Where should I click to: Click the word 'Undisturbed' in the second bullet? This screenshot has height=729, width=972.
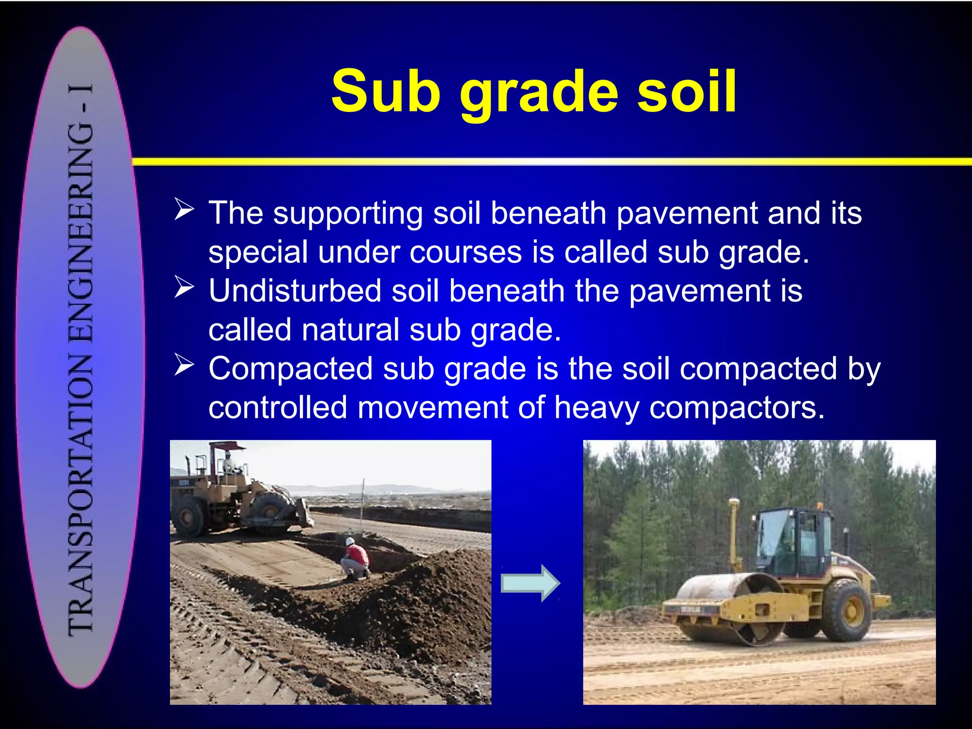(x=295, y=291)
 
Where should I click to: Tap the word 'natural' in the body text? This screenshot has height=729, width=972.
(x=351, y=330)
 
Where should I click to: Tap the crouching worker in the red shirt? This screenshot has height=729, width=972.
(x=355, y=560)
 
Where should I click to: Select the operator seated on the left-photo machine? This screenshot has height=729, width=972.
(x=230, y=463)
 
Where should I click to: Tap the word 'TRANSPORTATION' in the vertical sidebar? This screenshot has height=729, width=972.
(x=81, y=494)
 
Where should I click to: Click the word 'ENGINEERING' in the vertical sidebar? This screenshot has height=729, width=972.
(x=81, y=233)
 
